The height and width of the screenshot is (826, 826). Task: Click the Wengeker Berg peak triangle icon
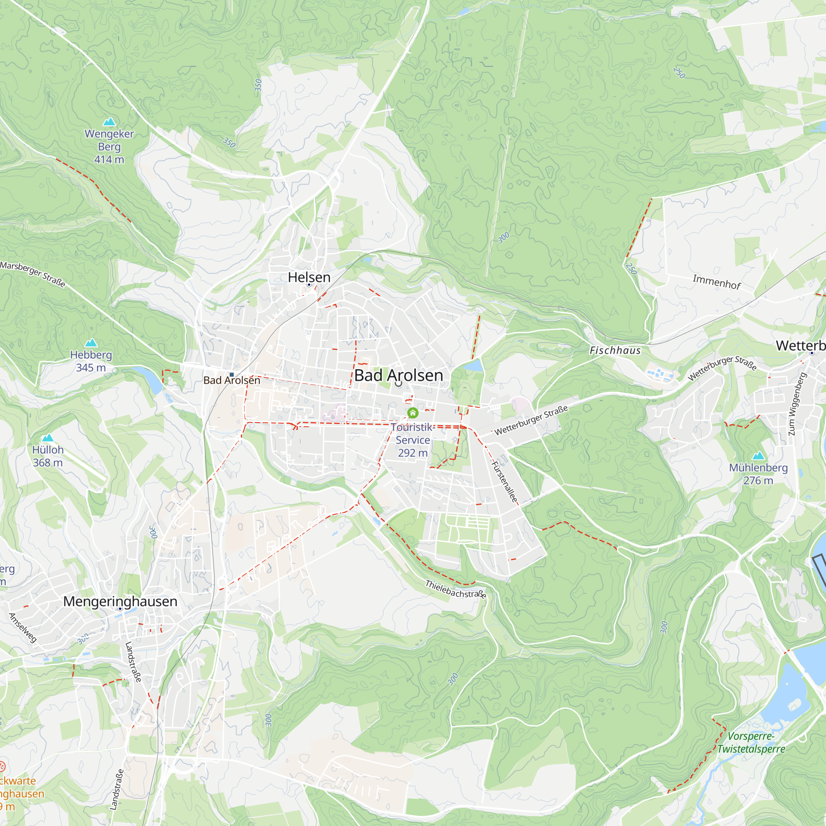pos(109,122)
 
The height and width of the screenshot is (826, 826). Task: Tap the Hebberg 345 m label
pos(91,361)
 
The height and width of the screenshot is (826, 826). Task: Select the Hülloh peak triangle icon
pos(48,437)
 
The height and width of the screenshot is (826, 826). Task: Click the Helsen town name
pos(309,277)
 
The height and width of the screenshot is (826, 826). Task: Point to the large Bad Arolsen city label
pos(399,375)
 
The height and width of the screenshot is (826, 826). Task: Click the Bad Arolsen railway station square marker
pos(232,375)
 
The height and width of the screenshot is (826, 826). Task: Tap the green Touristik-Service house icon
pos(413,413)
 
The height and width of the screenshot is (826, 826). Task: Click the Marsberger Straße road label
pos(33,274)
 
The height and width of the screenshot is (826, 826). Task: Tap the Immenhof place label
pos(717,282)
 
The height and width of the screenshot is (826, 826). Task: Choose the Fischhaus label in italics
pos(615,351)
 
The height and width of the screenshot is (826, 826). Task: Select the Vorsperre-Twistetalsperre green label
pos(751,743)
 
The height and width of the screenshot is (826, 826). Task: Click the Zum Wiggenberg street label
pos(797,404)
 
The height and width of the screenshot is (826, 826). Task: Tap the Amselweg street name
pos(23,628)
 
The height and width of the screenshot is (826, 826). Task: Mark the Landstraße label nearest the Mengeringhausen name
pos(133,662)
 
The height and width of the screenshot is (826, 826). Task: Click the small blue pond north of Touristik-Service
pos(472,366)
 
